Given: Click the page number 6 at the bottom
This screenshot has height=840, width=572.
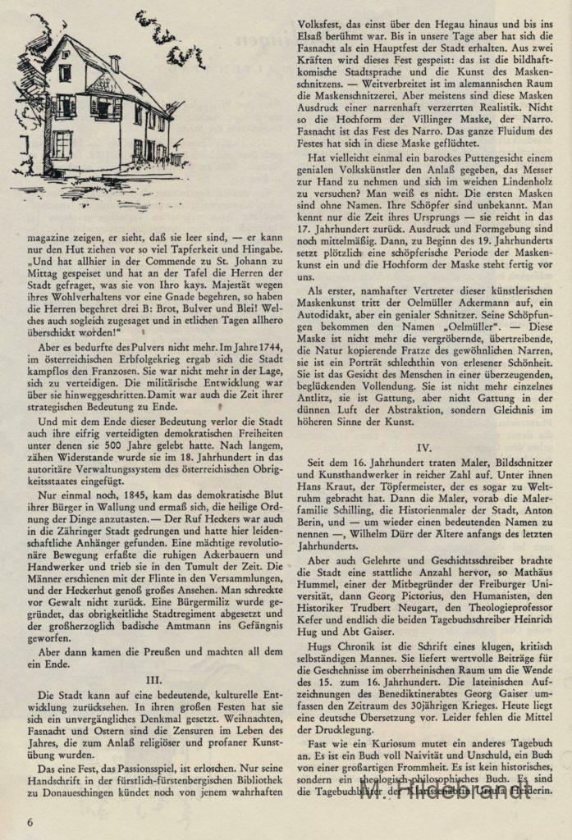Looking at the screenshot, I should pyautogui.click(x=30, y=821).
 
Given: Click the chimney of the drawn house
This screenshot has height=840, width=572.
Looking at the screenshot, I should pyautogui.click(x=114, y=62).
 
